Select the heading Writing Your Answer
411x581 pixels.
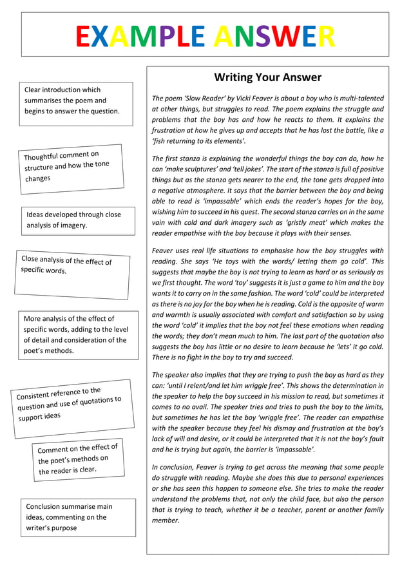267,77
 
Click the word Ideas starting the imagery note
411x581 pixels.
36,214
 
